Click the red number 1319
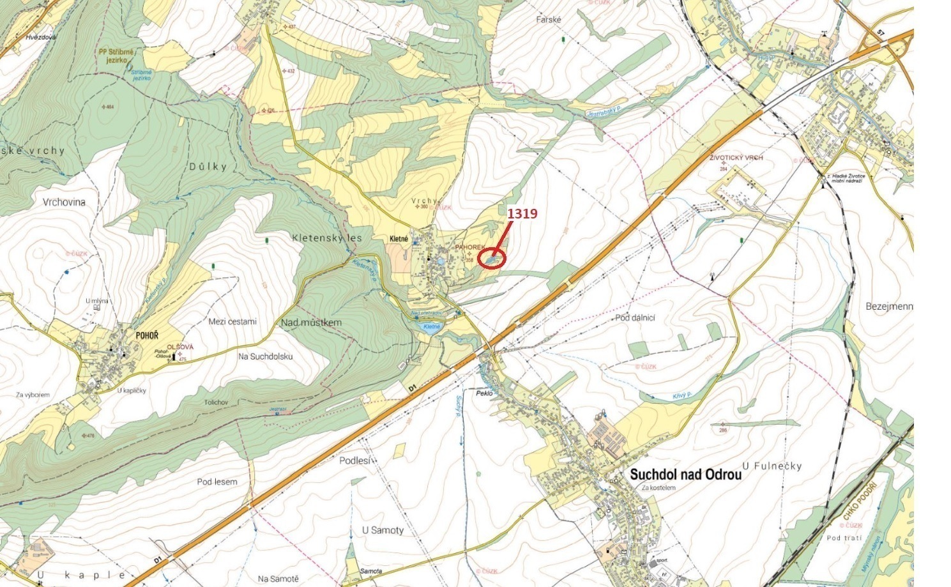pos(522,213)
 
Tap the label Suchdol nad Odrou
pos(685,475)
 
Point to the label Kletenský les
pos(326,238)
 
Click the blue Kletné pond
pos(431,327)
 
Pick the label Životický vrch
pos(736,158)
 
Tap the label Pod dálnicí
pos(635,317)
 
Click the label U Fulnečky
pos(772,466)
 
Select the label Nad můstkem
pos(311,323)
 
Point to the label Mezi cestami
pos(232,321)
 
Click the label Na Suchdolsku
pos(265,356)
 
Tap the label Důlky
pos(208,167)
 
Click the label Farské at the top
pos(548,20)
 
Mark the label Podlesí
pos(355,460)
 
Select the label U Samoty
pos(383,530)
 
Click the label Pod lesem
pos(217,482)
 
